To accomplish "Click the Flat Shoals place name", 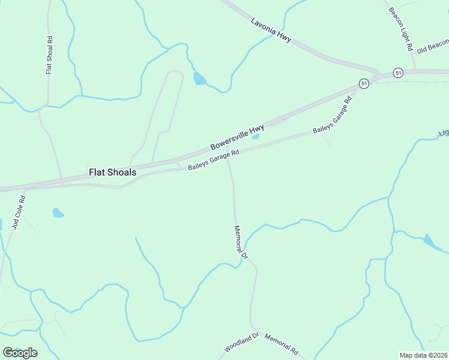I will click(x=112, y=172).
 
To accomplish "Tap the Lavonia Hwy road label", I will click(x=271, y=29).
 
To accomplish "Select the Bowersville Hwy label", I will click(x=237, y=138).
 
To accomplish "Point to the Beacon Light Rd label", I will click(x=401, y=29).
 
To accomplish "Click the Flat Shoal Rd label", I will click(x=50, y=53).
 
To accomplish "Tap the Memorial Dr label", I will click(x=240, y=242).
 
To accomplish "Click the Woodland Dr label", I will click(x=241, y=342).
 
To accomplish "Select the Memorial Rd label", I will click(x=281, y=344).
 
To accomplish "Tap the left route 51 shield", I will click(x=364, y=83).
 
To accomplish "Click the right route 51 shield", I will click(x=398, y=73).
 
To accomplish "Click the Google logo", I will click(x=20, y=352).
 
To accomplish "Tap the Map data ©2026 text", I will click(x=423, y=355).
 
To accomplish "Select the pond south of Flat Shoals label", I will click(x=58, y=212).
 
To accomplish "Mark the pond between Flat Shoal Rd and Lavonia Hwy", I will click(x=199, y=79).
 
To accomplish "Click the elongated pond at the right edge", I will click(x=432, y=242).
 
